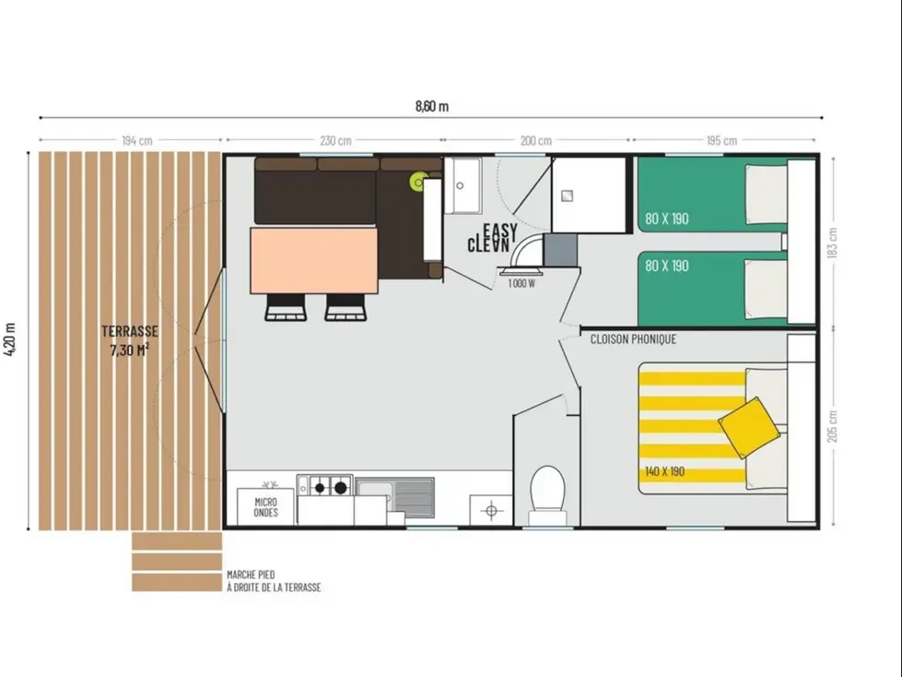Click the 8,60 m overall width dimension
pyautogui.click(x=431, y=105)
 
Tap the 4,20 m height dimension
pyautogui.click(x=12, y=342)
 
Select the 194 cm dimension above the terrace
pyautogui.click(x=136, y=141)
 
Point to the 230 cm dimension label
pyautogui.click(x=335, y=141)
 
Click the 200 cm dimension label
pyautogui.click(x=535, y=141)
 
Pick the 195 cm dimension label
pyautogui.click(x=722, y=141)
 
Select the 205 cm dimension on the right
pyautogui.click(x=833, y=425)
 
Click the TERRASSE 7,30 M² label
pyautogui.click(x=131, y=340)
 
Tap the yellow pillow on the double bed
pyautogui.click(x=749, y=427)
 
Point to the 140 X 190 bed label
pyautogui.click(x=664, y=471)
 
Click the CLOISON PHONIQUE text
pyautogui.click(x=633, y=339)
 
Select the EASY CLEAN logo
pyautogui.click(x=493, y=238)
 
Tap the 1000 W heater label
pyautogui.click(x=521, y=283)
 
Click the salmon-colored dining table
pyautogui.click(x=313, y=259)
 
